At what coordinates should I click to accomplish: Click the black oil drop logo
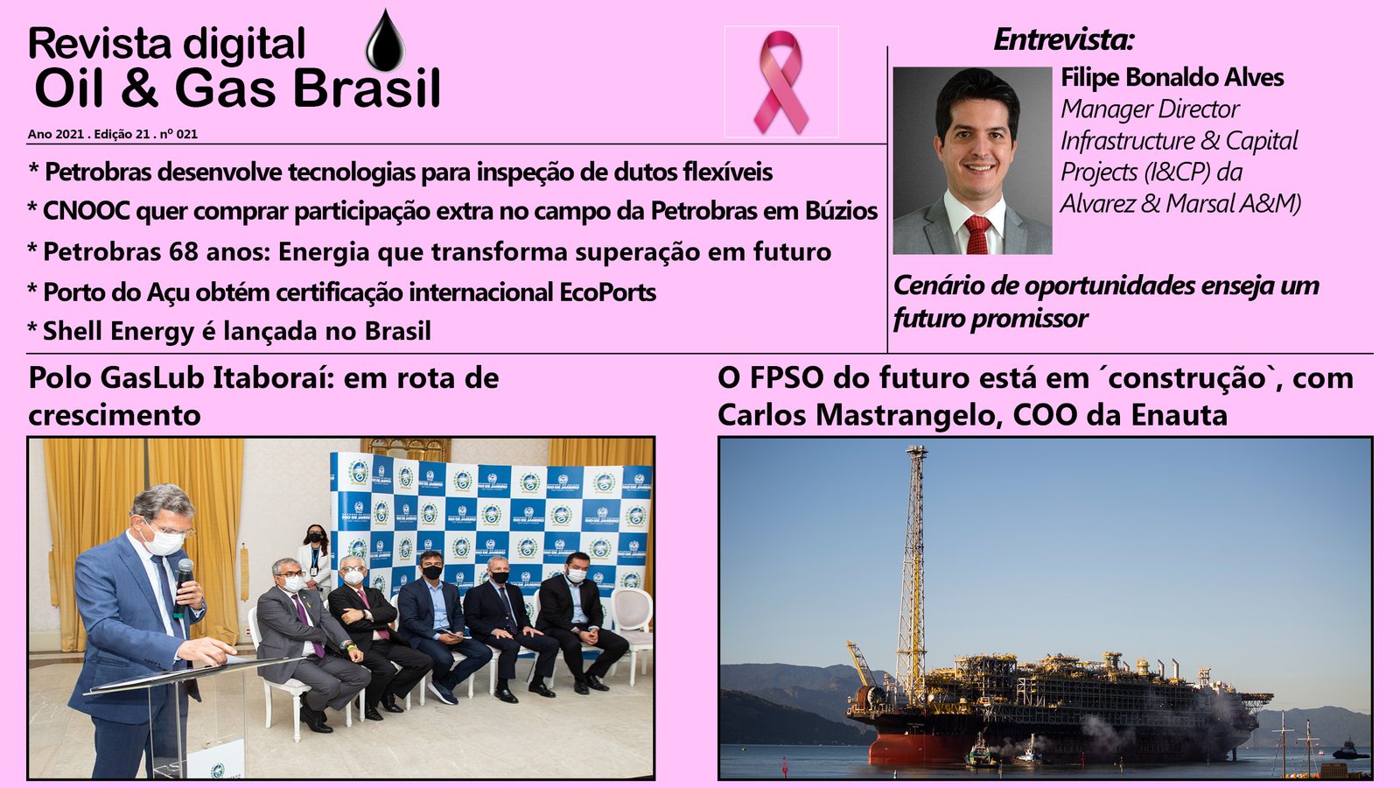click(385, 41)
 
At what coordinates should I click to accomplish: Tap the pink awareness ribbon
click(781, 82)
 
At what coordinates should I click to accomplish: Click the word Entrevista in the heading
click(1062, 40)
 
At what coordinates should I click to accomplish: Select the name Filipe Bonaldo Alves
click(1172, 78)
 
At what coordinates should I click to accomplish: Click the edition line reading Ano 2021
click(113, 134)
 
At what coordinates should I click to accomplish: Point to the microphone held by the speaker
click(183, 585)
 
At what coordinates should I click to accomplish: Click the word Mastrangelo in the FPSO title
click(903, 415)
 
